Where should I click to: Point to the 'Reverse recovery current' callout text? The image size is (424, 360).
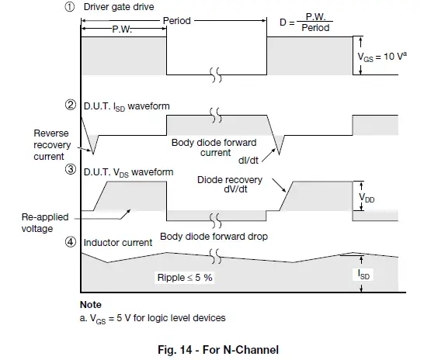(51, 144)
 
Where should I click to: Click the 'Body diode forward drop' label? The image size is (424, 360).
(214, 236)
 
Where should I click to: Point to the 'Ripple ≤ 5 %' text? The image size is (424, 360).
(185, 275)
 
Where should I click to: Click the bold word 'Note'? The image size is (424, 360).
(91, 305)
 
